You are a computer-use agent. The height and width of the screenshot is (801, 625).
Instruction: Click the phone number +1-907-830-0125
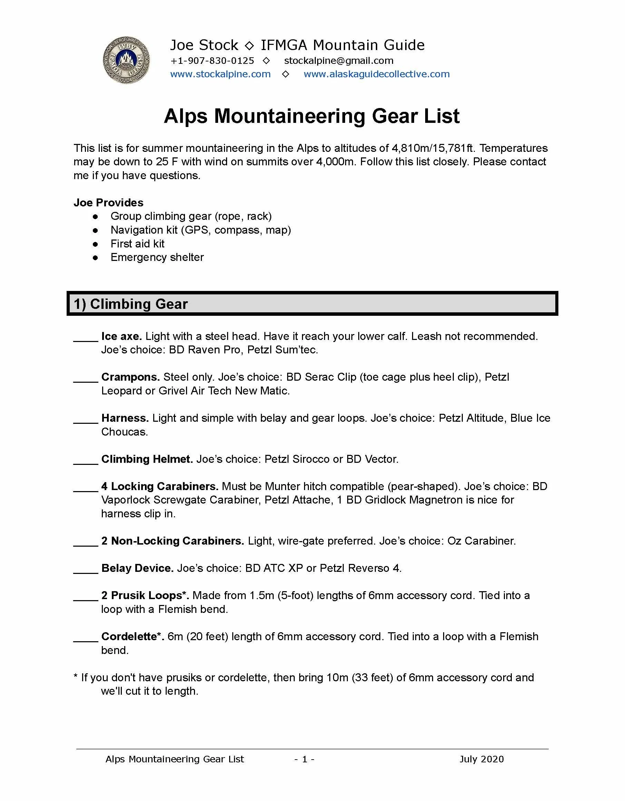(x=212, y=60)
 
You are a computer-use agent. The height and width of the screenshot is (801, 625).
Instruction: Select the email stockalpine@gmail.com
(x=339, y=60)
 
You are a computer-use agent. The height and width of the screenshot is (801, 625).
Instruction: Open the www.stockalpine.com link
(x=221, y=74)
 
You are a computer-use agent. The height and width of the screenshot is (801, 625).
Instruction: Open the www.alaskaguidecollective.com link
(x=376, y=74)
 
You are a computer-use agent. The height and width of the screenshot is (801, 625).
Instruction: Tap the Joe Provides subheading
(x=108, y=203)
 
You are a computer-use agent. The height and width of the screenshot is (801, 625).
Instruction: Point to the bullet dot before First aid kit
(x=95, y=244)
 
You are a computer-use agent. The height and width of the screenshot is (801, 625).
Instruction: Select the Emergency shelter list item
(x=157, y=257)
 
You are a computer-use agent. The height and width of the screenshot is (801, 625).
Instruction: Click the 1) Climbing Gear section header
(x=131, y=304)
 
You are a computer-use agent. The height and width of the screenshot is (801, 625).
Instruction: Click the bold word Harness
(x=125, y=418)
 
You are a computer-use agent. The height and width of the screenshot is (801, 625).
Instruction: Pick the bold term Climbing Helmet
(x=147, y=459)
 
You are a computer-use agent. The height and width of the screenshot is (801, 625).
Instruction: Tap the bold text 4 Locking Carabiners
(x=159, y=486)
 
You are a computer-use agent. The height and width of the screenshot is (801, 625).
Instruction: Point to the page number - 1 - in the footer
(x=304, y=759)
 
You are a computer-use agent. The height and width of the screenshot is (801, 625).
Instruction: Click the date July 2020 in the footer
(x=481, y=759)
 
